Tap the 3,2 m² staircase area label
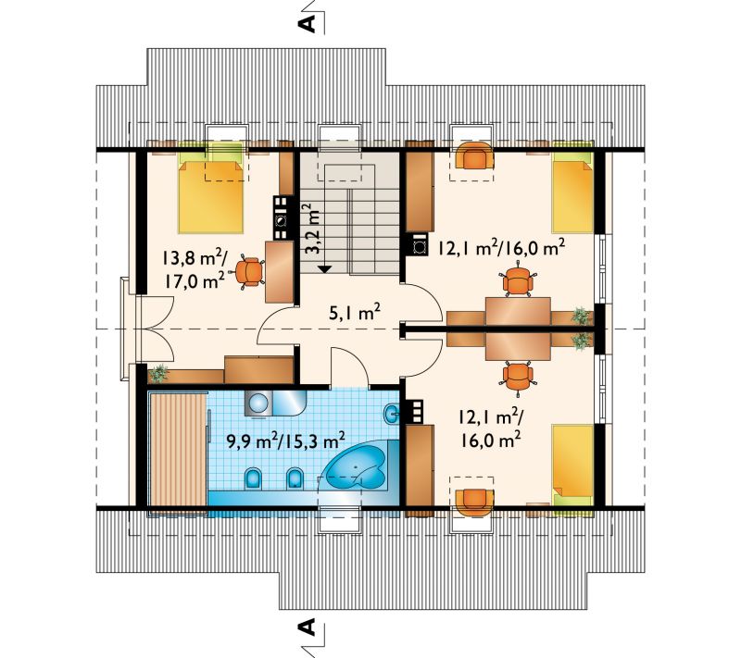[311, 229]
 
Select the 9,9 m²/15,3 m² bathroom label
[286, 441]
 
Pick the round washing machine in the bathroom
[257, 404]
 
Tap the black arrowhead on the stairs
[324, 268]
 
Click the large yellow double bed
[211, 197]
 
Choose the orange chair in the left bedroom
[248, 272]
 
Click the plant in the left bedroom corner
[158, 373]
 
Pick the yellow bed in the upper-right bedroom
[572, 196]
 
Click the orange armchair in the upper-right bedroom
[473, 156]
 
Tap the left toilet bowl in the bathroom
[253, 478]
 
